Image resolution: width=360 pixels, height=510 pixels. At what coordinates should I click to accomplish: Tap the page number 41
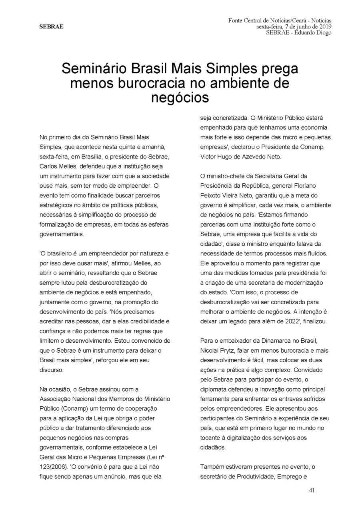[312, 491]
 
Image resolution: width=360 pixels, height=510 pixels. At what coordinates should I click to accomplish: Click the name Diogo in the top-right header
[323, 32]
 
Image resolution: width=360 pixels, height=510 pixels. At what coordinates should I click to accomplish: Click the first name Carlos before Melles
[49, 165]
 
